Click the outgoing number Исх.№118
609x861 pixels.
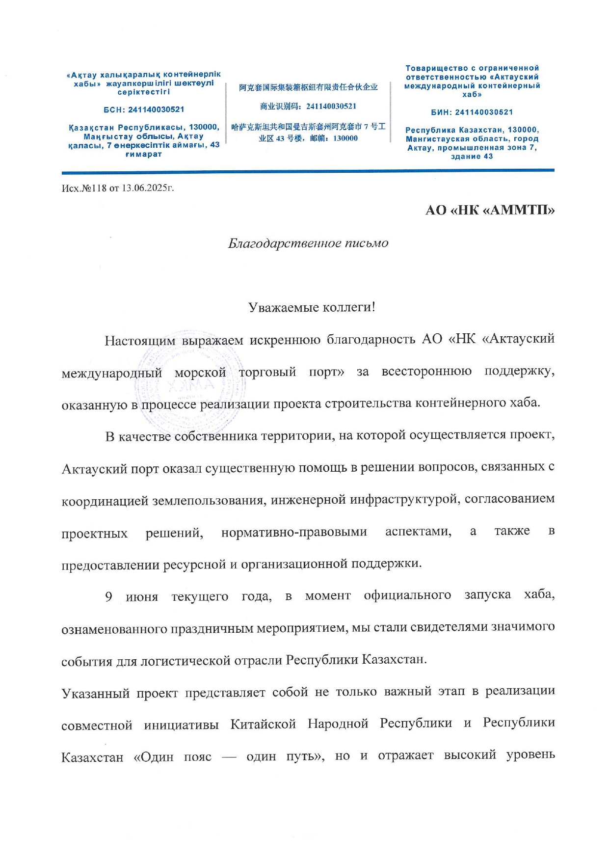coord(84,188)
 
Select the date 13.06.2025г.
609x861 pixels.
coord(148,188)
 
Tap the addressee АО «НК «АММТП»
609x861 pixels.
coord(490,211)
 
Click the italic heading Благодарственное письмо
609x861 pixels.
coord(308,243)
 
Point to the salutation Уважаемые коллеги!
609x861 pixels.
coord(312,308)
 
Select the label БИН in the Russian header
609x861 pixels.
coord(442,112)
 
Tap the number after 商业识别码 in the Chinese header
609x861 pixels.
coord(331,106)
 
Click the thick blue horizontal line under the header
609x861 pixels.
coord(308,171)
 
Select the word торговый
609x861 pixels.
coord(267,372)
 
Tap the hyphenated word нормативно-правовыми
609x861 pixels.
coord(294,533)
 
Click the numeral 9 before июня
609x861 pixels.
coord(108,597)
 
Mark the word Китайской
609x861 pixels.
coord(263,725)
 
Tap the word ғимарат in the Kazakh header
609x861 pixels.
coord(143,155)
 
